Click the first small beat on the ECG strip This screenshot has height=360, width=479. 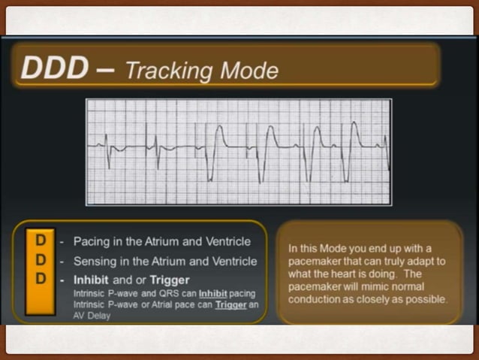click(107, 144)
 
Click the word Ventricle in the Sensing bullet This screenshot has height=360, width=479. click(233, 261)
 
